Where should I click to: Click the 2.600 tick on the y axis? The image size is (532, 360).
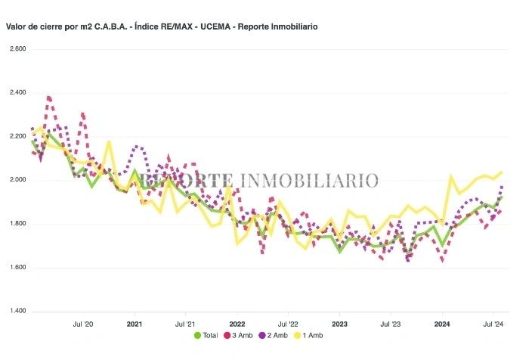pyautogui.click(x=17, y=49)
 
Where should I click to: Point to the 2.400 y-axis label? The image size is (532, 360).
pyautogui.click(x=17, y=93)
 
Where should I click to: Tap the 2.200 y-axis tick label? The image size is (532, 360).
pyautogui.click(x=17, y=137)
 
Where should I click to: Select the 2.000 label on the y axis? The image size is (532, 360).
pyautogui.click(x=17, y=180)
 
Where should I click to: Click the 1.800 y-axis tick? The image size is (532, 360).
pyautogui.click(x=17, y=224)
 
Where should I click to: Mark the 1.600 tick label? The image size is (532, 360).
pyautogui.click(x=17, y=268)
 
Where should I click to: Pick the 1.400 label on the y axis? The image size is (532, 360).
pyautogui.click(x=17, y=312)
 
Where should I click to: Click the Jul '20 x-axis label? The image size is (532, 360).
pyautogui.click(x=83, y=323)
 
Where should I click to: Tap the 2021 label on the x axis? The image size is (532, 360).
pyautogui.click(x=135, y=323)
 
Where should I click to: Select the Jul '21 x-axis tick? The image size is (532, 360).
pyautogui.click(x=185, y=323)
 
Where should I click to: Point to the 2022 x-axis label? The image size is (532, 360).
pyautogui.click(x=237, y=323)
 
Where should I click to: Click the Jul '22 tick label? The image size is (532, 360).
pyautogui.click(x=288, y=323)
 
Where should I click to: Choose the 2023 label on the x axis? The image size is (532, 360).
pyautogui.click(x=339, y=323)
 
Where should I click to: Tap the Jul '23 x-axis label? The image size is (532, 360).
pyautogui.click(x=390, y=323)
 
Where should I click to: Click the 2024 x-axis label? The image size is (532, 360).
pyautogui.click(x=442, y=323)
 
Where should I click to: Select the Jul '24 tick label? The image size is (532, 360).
pyautogui.click(x=493, y=323)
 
